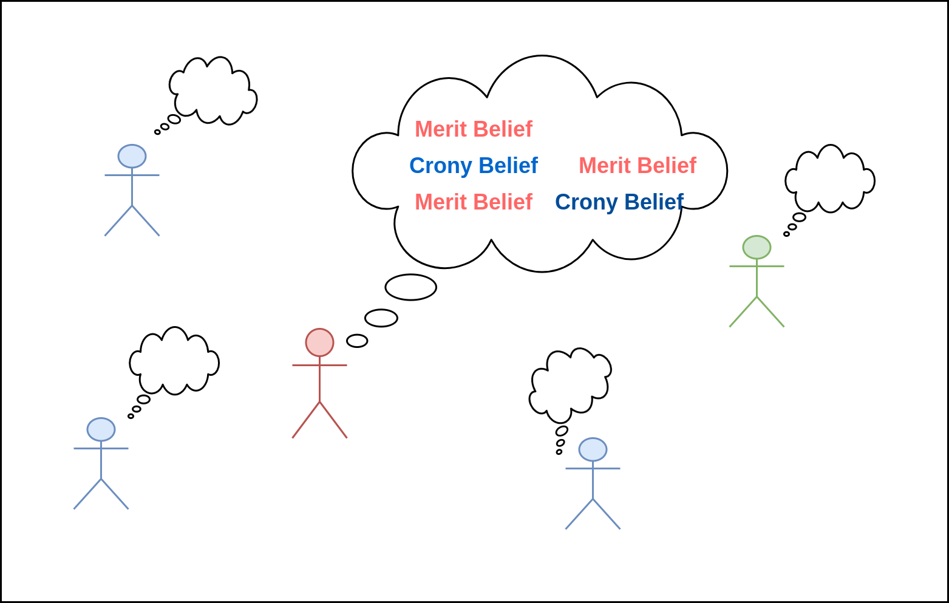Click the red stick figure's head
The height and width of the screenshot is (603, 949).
point(319,342)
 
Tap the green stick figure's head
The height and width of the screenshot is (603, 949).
point(757,247)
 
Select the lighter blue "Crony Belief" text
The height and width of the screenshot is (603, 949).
point(474,165)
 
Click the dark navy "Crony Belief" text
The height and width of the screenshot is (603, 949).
point(619,202)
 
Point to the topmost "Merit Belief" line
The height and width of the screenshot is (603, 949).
point(474,129)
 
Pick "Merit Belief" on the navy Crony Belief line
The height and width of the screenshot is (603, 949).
point(474,202)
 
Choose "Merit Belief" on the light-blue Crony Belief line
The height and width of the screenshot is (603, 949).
point(637,165)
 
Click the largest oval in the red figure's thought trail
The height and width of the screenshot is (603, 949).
point(411,287)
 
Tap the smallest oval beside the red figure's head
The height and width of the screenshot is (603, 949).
point(357,341)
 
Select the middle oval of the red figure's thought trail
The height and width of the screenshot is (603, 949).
point(381,318)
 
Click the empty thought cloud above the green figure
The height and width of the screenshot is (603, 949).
point(829,179)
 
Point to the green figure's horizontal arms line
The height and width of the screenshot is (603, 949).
point(757,266)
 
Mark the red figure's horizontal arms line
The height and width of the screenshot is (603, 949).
point(319,365)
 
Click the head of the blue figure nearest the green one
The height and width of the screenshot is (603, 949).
point(593,449)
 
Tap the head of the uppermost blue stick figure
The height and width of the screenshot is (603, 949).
point(132,156)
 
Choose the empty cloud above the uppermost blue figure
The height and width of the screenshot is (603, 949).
point(213,91)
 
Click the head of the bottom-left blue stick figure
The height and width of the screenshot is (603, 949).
point(101,429)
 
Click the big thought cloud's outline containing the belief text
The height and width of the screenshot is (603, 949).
point(542,56)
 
